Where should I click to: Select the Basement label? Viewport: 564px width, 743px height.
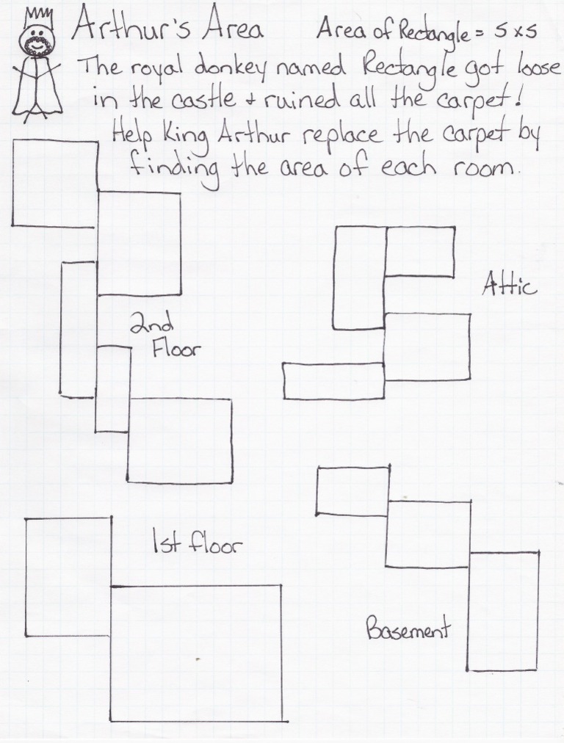[408, 629]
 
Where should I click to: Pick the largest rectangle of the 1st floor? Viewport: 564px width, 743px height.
[196, 653]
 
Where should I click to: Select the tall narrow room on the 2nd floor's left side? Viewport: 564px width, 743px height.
[78, 329]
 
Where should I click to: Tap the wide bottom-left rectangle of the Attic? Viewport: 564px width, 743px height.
[333, 381]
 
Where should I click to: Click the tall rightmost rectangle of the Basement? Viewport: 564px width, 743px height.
[503, 611]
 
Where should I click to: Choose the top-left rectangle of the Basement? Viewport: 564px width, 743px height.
[352, 490]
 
